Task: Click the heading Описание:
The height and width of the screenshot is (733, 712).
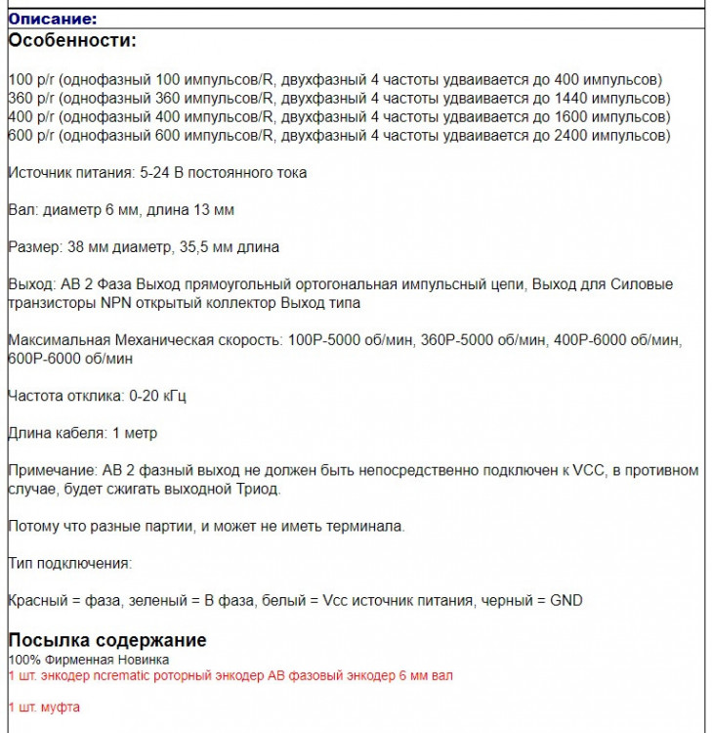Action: pyautogui.click(x=53, y=19)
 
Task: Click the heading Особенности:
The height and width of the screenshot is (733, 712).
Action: pyautogui.click(x=72, y=41)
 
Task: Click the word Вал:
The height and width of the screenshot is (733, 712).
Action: pyautogui.click(x=22, y=210)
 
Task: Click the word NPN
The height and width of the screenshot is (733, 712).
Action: pyautogui.click(x=119, y=303)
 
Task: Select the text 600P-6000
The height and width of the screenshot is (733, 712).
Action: pyautogui.click(x=43, y=359)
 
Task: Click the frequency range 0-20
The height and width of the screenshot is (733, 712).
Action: pyautogui.click(x=147, y=396)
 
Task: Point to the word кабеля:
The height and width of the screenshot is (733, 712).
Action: pyautogui.click(x=80, y=433)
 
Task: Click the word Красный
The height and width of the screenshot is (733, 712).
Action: pyautogui.click(x=37, y=600)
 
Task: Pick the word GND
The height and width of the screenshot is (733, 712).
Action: pyautogui.click(x=565, y=600)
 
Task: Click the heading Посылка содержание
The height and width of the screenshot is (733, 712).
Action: pyautogui.click(x=107, y=640)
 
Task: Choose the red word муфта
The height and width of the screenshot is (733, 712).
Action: pyautogui.click(x=60, y=707)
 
